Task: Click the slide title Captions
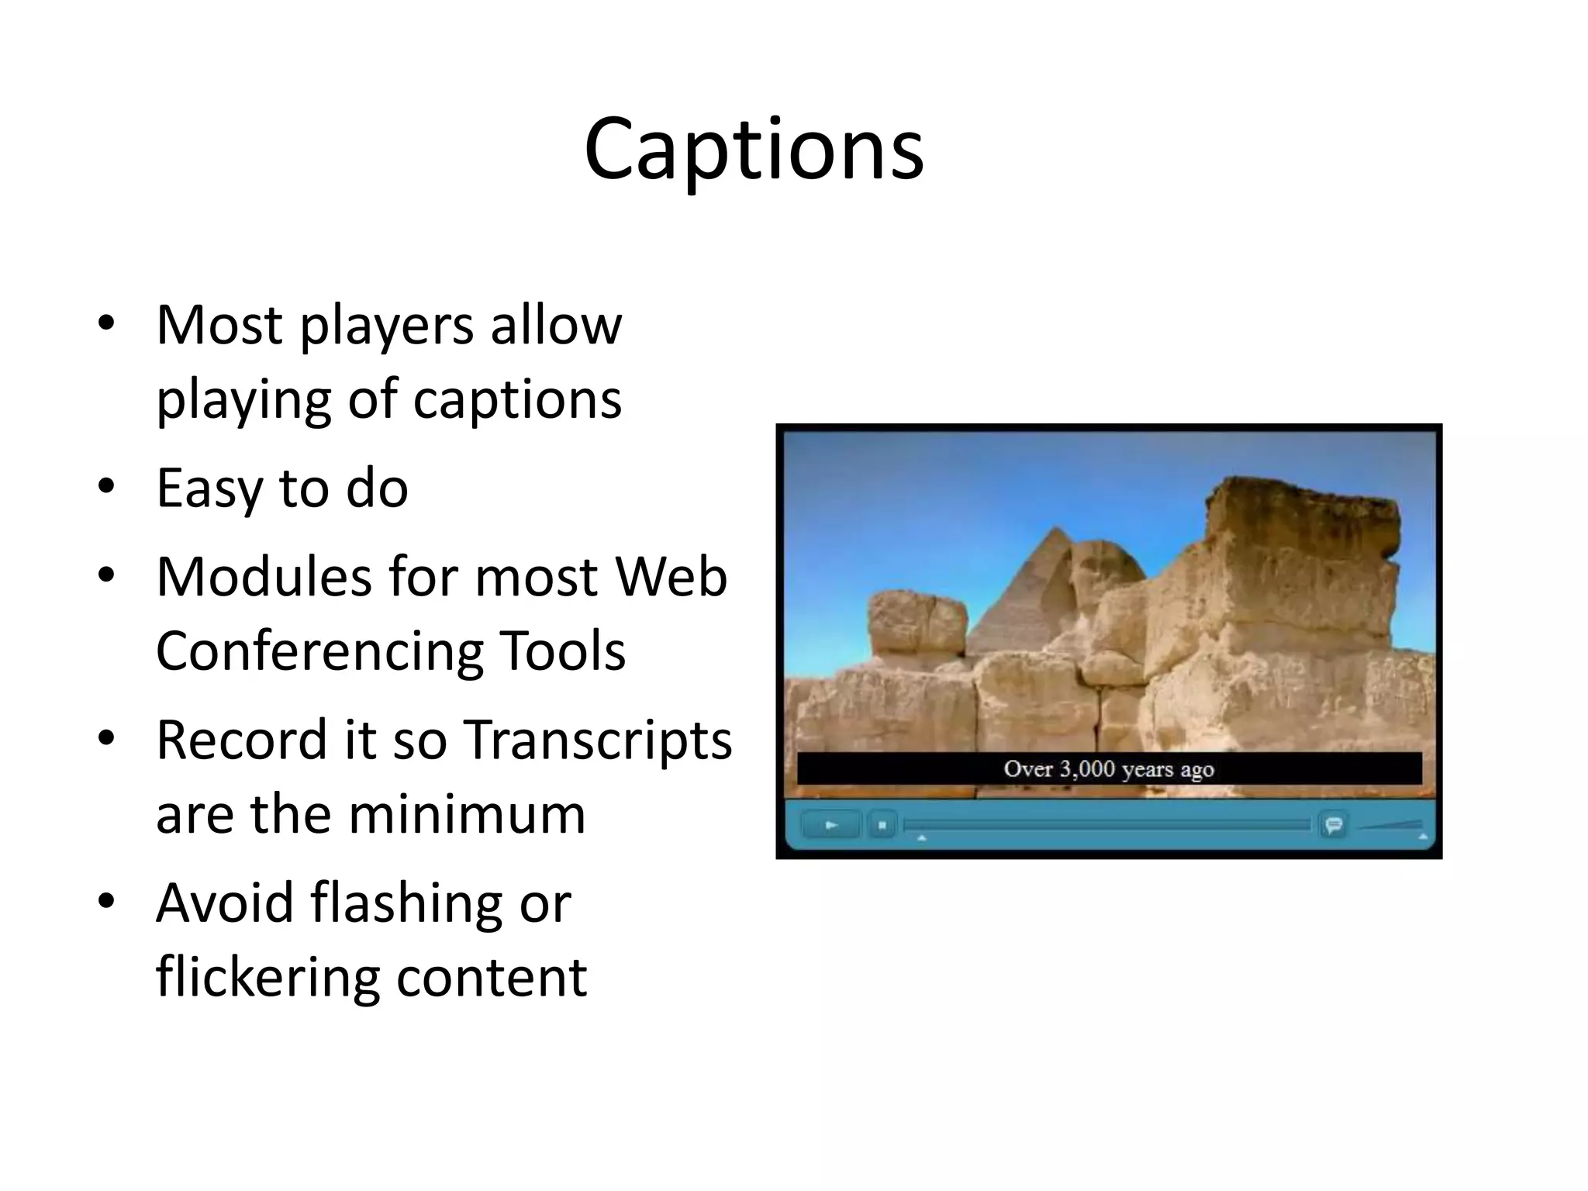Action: tap(754, 149)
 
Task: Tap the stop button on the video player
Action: tap(882, 825)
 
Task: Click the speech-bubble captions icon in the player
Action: tap(1334, 825)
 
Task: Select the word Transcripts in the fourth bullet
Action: tap(598, 740)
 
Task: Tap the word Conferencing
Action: tap(317, 651)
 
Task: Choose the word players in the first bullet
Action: tap(386, 326)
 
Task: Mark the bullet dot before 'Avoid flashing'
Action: tap(106, 902)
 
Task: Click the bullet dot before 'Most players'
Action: tap(106, 323)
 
